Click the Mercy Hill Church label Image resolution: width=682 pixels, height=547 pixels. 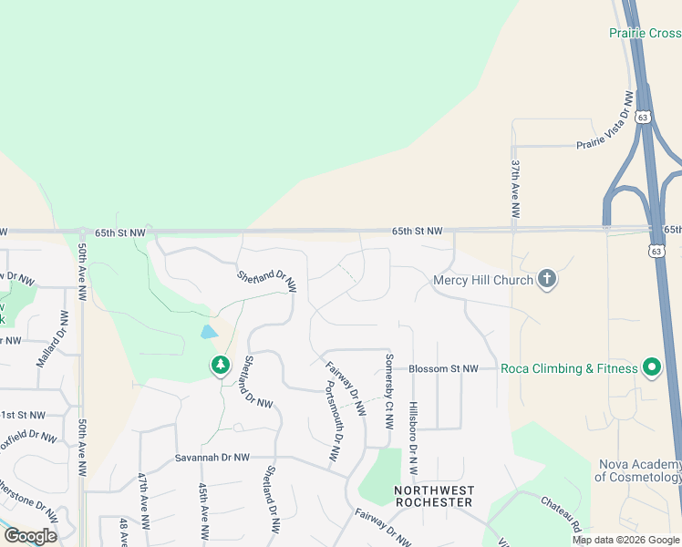[482, 280]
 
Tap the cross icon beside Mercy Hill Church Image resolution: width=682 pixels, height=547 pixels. [546, 279]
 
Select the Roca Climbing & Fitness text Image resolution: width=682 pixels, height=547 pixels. [569, 369]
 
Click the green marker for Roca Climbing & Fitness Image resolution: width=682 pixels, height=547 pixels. [652, 368]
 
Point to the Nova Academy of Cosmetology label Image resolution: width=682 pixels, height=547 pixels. [639, 470]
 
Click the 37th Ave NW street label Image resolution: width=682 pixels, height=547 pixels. [515, 189]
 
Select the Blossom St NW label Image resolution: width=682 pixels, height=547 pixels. [443, 369]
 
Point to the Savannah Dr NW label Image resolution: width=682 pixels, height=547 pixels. [212, 458]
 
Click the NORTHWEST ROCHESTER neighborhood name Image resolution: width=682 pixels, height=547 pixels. [434, 496]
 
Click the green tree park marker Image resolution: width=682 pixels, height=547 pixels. [220, 366]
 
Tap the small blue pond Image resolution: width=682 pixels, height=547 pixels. [208, 332]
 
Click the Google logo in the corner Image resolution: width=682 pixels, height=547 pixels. [30, 536]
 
